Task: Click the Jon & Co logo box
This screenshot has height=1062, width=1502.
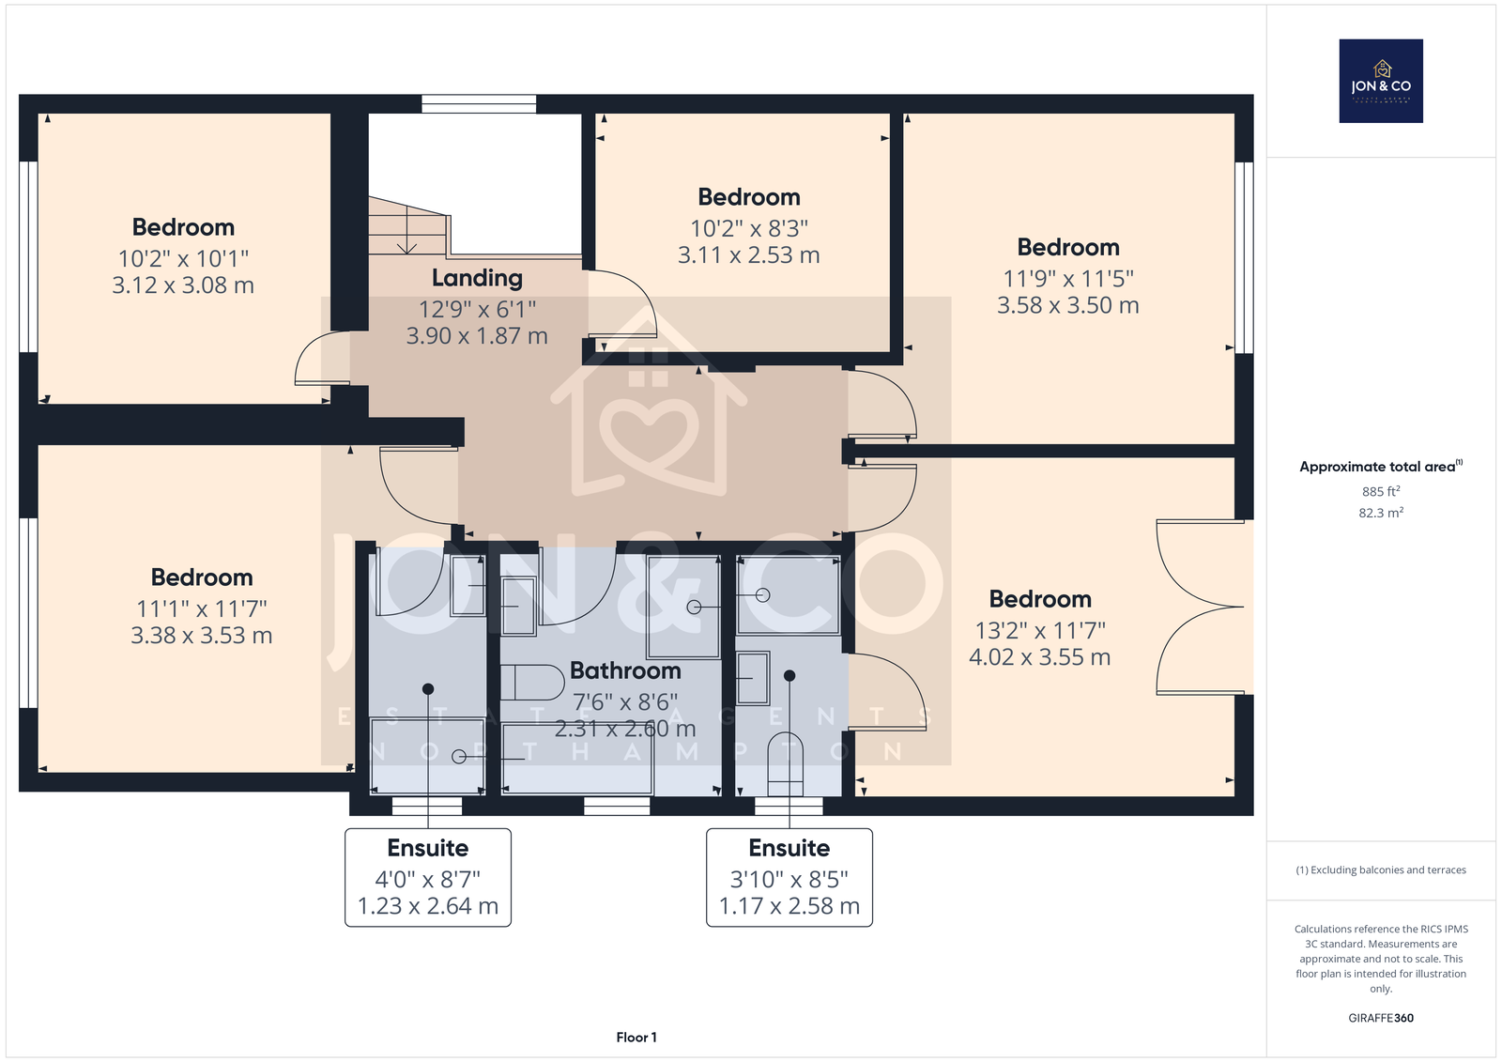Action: (1381, 81)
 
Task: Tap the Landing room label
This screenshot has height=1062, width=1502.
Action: (477, 278)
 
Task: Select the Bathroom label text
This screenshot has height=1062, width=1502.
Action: (625, 670)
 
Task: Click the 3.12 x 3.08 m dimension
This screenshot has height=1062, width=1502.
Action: (183, 285)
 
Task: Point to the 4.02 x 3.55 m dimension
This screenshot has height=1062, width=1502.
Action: (1039, 656)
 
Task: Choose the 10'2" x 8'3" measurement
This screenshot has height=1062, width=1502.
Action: (749, 229)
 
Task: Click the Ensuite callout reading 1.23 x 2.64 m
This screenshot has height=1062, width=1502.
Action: (428, 878)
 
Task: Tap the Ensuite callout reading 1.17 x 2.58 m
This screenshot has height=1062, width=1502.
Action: (789, 878)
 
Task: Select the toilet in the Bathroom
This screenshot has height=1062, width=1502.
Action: (532, 683)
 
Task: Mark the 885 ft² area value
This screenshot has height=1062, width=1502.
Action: (1381, 491)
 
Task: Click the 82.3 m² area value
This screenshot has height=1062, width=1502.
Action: (1381, 513)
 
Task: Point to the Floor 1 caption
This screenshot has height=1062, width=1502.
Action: (636, 1038)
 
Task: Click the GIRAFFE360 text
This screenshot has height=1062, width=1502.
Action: (1381, 1018)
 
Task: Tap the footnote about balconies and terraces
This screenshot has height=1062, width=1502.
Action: (1381, 870)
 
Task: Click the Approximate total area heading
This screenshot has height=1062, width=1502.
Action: (1381, 467)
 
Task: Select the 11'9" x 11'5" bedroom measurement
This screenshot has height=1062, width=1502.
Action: (1068, 279)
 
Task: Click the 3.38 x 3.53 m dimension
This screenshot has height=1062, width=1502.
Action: (201, 636)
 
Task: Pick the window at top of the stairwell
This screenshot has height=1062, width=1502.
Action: (479, 104)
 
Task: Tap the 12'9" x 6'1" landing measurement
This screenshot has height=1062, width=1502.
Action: (477, 309)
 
